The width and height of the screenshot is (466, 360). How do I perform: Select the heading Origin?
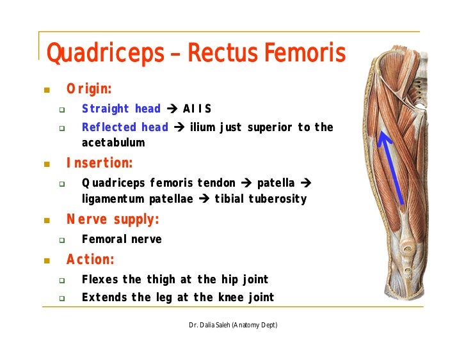point(89,88)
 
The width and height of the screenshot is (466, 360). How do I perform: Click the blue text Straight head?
point(121,109)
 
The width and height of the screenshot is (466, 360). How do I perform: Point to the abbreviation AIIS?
point(197,109)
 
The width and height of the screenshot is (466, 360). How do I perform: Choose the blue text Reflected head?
point(125,127)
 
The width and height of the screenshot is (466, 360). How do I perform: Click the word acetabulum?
point(113,143)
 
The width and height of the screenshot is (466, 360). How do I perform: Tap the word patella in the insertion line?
point(275,184)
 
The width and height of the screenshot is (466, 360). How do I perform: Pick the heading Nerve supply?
point(113,220)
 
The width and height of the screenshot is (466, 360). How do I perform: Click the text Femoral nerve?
point(122,240)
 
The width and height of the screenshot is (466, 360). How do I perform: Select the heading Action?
point(90,260)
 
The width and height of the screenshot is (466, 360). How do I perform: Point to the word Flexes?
point(100,279)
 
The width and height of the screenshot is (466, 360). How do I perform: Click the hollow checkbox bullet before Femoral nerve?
point(62,240)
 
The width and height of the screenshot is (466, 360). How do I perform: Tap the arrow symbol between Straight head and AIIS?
point(172,109)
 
